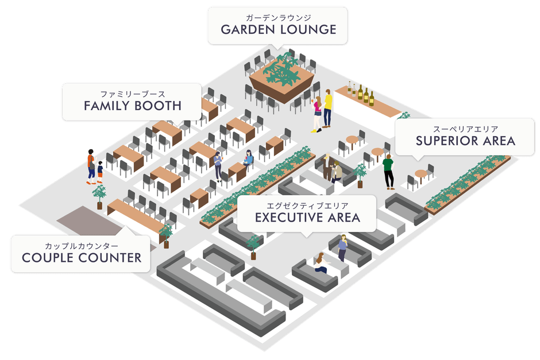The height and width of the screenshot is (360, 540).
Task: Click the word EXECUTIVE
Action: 288,218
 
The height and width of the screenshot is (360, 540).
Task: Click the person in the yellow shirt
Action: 327,109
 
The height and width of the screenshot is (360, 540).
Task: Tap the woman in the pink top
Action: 317,114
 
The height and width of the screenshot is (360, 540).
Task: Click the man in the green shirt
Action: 388,172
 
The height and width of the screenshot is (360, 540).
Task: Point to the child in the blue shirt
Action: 100,172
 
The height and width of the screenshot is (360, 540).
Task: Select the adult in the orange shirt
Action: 91,167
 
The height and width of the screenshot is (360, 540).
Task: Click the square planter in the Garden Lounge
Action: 282,79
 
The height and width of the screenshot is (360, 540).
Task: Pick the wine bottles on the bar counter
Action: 361,93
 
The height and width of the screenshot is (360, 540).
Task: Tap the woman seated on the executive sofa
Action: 321,263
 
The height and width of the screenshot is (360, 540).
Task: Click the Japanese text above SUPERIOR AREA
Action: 465,129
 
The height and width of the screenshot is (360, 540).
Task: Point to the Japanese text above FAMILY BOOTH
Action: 133,94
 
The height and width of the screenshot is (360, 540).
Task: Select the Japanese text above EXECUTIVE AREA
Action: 307,206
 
